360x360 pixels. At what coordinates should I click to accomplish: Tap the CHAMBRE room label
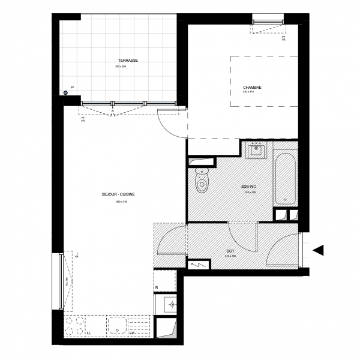[252, 87]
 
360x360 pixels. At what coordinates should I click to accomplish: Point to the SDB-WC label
[248, 187]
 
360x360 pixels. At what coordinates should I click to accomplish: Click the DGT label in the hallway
[230, 251]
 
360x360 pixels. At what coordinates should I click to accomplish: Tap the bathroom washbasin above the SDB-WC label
[257, 150]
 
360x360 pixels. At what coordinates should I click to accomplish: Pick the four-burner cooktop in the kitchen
[76, 325]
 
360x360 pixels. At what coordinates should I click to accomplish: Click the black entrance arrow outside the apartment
[319, 250]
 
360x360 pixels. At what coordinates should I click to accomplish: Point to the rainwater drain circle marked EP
[65, 92]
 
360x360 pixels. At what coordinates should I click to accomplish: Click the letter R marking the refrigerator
[157, 288]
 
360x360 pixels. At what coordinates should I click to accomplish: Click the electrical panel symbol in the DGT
[200, 264]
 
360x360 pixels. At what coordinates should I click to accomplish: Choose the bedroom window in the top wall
[269, 22]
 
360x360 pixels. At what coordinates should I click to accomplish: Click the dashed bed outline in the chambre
[264, 81]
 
